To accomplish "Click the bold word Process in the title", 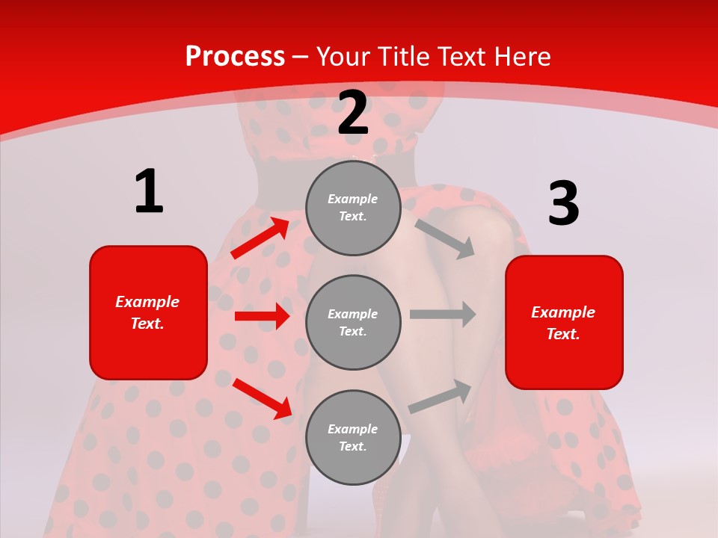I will (x=235, y=56).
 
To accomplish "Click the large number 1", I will (x=149, y=191).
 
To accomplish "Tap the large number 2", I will (x=353, y=113).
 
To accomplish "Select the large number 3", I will (x=563, y=204).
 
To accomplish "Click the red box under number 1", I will (x=148, y=312).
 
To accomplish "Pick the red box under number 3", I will (x=564, y=323).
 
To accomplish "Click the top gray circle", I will (x=353, y=208).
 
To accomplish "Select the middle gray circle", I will (x=353, y=322).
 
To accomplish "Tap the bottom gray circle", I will (x=353, y=437).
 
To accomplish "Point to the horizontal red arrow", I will (x=262, y=316).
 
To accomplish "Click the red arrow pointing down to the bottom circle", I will (x=262, y=398).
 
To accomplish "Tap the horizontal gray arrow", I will (x=443, y=315).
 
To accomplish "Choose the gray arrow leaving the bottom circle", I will (x=440, y=397).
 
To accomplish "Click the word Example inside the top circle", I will (x=352, y=199).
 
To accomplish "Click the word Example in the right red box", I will (x=563, y=312).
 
